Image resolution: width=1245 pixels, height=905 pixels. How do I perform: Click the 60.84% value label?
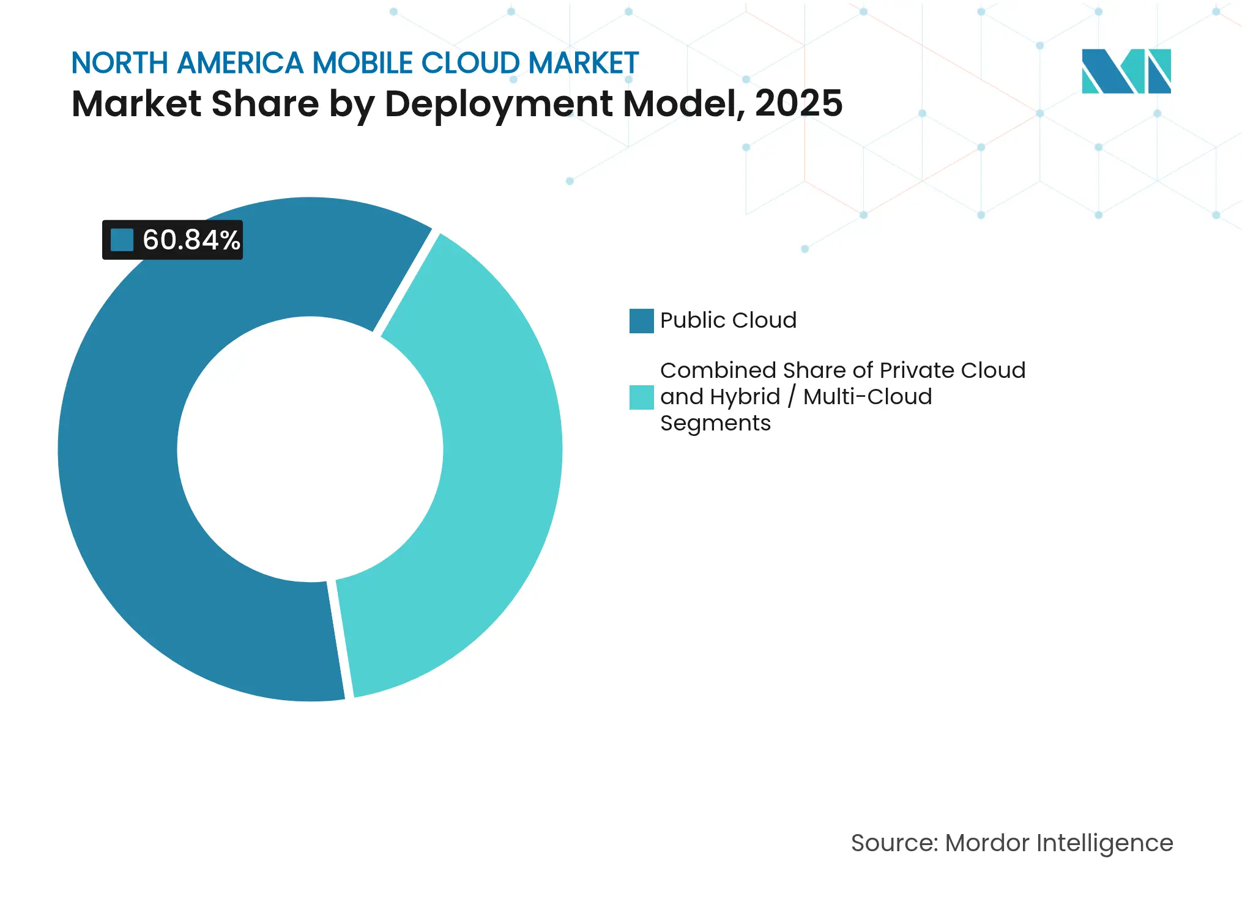(x=191, y=240)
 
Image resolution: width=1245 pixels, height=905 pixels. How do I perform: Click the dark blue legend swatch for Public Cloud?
(x=641, y=320)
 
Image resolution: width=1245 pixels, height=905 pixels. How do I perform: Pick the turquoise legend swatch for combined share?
(x=641, y=397)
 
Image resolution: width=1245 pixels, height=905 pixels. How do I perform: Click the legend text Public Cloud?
(x=728, y=320)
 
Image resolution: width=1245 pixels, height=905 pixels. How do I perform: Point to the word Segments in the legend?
(x=715, y=423)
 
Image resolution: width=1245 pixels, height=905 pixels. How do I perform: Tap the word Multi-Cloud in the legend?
(x=868, y=397)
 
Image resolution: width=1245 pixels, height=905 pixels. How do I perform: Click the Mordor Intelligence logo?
(x=1126, y=71)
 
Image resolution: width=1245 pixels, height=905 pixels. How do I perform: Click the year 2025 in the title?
(x=798, y=103)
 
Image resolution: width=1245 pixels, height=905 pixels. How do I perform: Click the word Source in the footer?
(x=893, y=843)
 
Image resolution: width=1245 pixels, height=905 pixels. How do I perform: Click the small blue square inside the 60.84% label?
(x=122, y=240)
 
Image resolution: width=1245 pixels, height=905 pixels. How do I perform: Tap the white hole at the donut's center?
(x=310, y=449)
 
